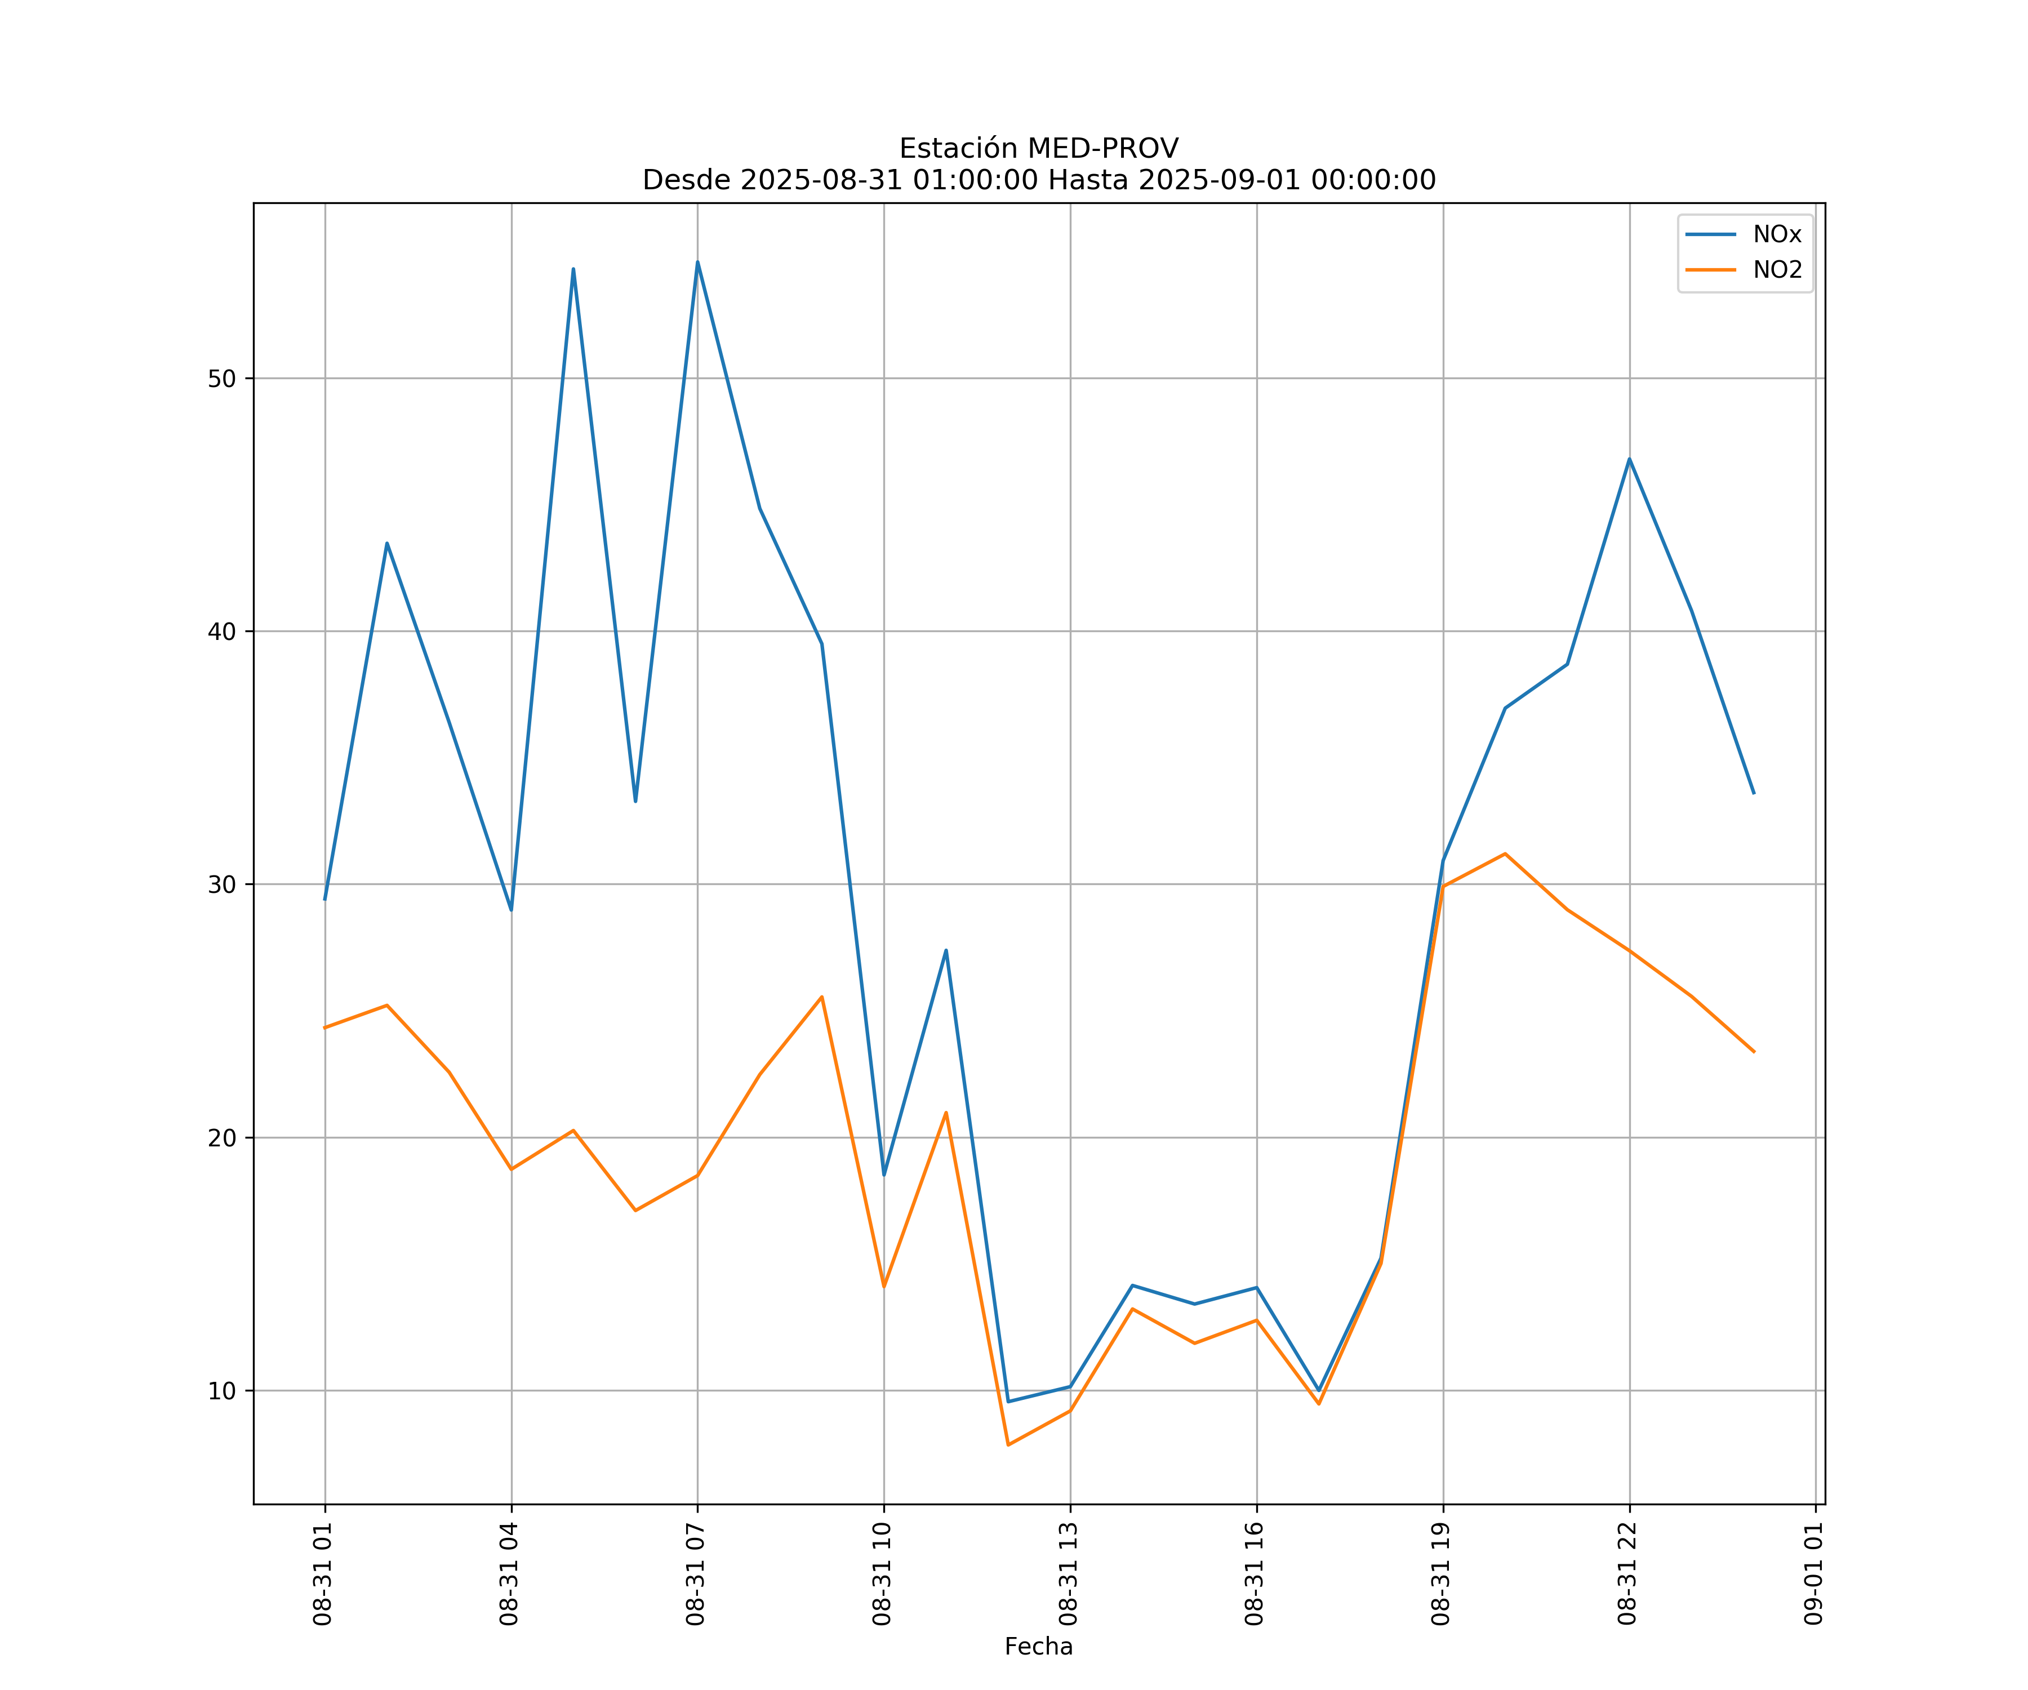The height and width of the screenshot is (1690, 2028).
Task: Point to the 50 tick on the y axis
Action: [222, 379]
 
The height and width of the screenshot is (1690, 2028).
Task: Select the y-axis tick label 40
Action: [222, 631]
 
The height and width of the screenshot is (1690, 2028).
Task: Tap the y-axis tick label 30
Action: [222, 884]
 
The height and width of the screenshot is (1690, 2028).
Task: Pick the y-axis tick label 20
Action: [222, 1137]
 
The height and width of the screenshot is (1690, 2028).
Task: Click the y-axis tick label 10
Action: [222, 1391]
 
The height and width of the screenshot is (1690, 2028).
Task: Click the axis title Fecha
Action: [1038, 1647]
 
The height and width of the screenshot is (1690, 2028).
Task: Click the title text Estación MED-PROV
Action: [1038, 149]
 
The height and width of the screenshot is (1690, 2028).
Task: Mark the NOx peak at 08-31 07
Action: [697, 262]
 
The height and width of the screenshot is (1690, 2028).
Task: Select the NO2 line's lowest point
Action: [1008, 1445]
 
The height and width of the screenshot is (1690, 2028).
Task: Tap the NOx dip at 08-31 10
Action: [884, 1175]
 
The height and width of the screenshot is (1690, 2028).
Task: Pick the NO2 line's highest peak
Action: [1505, 853]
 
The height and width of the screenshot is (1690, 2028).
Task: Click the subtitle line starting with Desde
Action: [1038, 181]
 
